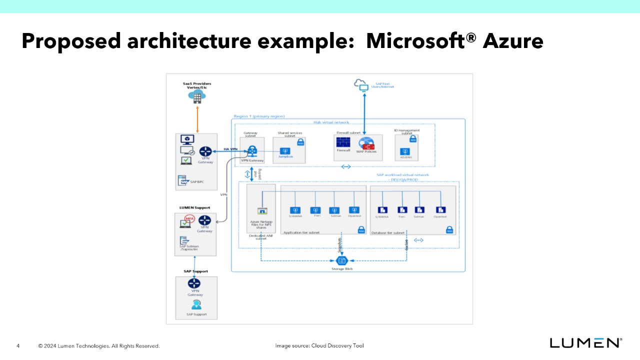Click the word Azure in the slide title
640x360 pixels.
(513, 41)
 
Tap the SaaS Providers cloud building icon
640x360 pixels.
(197, 97)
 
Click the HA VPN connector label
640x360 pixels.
(230, 149)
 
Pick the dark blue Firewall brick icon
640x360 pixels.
(343, 142)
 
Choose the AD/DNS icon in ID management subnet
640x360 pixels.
(405, 151)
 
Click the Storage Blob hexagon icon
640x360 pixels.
(342, 260)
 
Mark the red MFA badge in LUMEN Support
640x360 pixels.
(189, 218)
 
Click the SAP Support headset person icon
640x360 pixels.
(196, 304)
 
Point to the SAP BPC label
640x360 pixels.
(196, 181)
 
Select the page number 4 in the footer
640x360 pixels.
(18, 346)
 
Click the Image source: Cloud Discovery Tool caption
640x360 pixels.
(319, 345)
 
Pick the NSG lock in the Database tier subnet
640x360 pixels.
(449, 230)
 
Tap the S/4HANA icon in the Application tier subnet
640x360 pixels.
(295, 210)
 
